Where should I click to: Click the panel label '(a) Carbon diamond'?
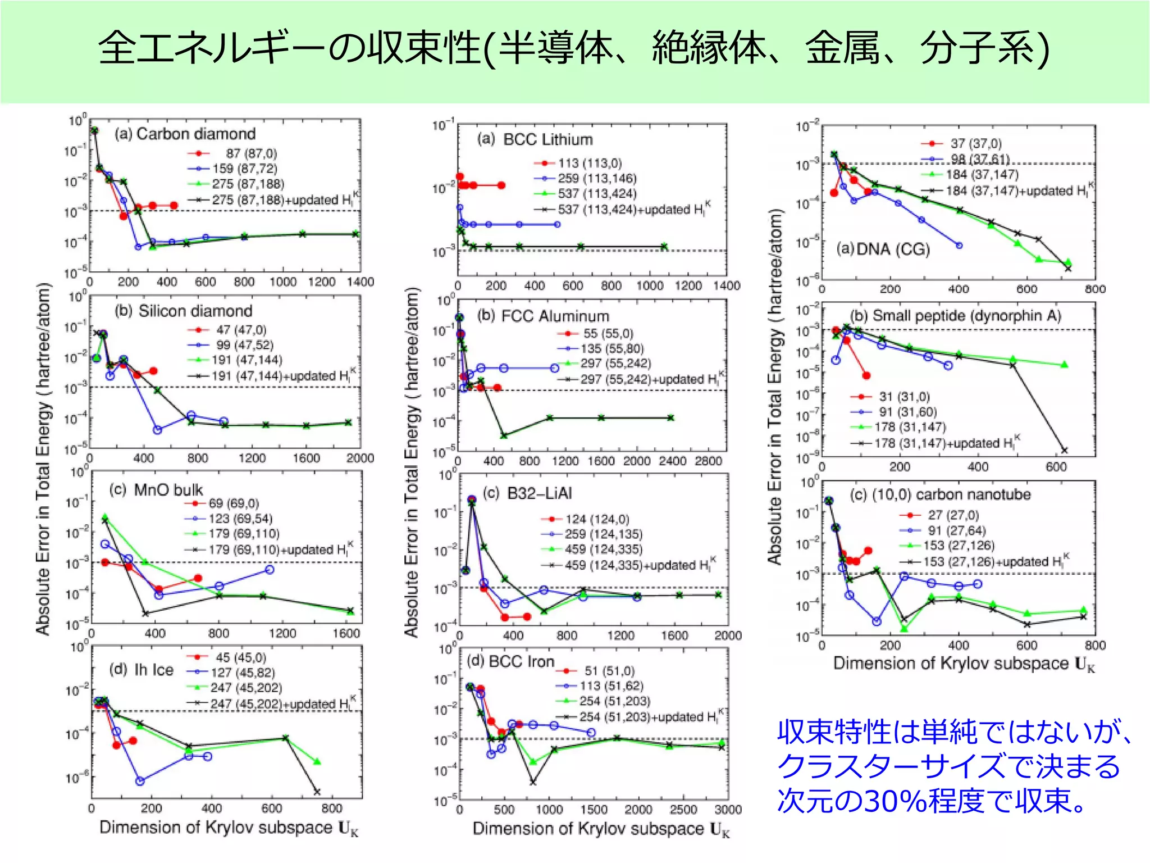(x=185, y=134)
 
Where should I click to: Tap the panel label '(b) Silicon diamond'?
(x=184, y=311)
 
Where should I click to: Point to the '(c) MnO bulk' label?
(x=156, y=490)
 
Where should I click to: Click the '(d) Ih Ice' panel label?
(x=141, y=670)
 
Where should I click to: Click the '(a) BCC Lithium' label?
(x=535, y=139)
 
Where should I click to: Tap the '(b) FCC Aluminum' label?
(x=543, y=316)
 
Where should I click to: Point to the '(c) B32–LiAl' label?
(x=527, y=493)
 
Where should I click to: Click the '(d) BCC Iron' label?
(x=510, y=661)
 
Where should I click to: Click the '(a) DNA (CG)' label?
(x=883, y=249)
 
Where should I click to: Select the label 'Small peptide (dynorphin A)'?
(x=966, y=316)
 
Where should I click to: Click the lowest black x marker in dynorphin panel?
(x=1064, y=450)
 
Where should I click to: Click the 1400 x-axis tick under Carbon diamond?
(x=360, y=281)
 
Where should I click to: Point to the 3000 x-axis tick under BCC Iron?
(x=728, y=810)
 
